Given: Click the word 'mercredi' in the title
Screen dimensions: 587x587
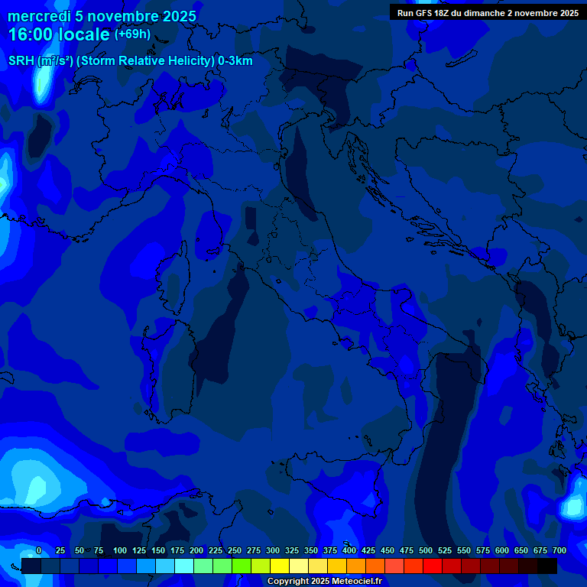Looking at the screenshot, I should coord(39,16).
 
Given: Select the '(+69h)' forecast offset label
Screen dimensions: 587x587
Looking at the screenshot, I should coord(132,34).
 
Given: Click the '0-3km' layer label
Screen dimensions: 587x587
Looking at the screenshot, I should coord(235,61).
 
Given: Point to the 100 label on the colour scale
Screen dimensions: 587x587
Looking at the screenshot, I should coord(120,551).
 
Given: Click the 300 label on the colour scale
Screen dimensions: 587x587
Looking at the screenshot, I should coord(273,551).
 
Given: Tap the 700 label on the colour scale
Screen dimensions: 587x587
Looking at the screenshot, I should coord(559,551).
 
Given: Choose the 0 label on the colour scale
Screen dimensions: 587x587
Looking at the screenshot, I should coord(39,551).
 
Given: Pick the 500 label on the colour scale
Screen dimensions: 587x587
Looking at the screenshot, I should coord(426,551).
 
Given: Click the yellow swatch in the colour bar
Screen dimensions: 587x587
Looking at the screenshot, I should coord(280,566).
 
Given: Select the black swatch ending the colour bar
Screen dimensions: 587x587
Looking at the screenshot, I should coord(547,566).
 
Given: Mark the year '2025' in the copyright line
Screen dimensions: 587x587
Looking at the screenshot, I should coord(319,582).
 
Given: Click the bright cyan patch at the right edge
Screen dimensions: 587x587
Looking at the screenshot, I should coord(572,506).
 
